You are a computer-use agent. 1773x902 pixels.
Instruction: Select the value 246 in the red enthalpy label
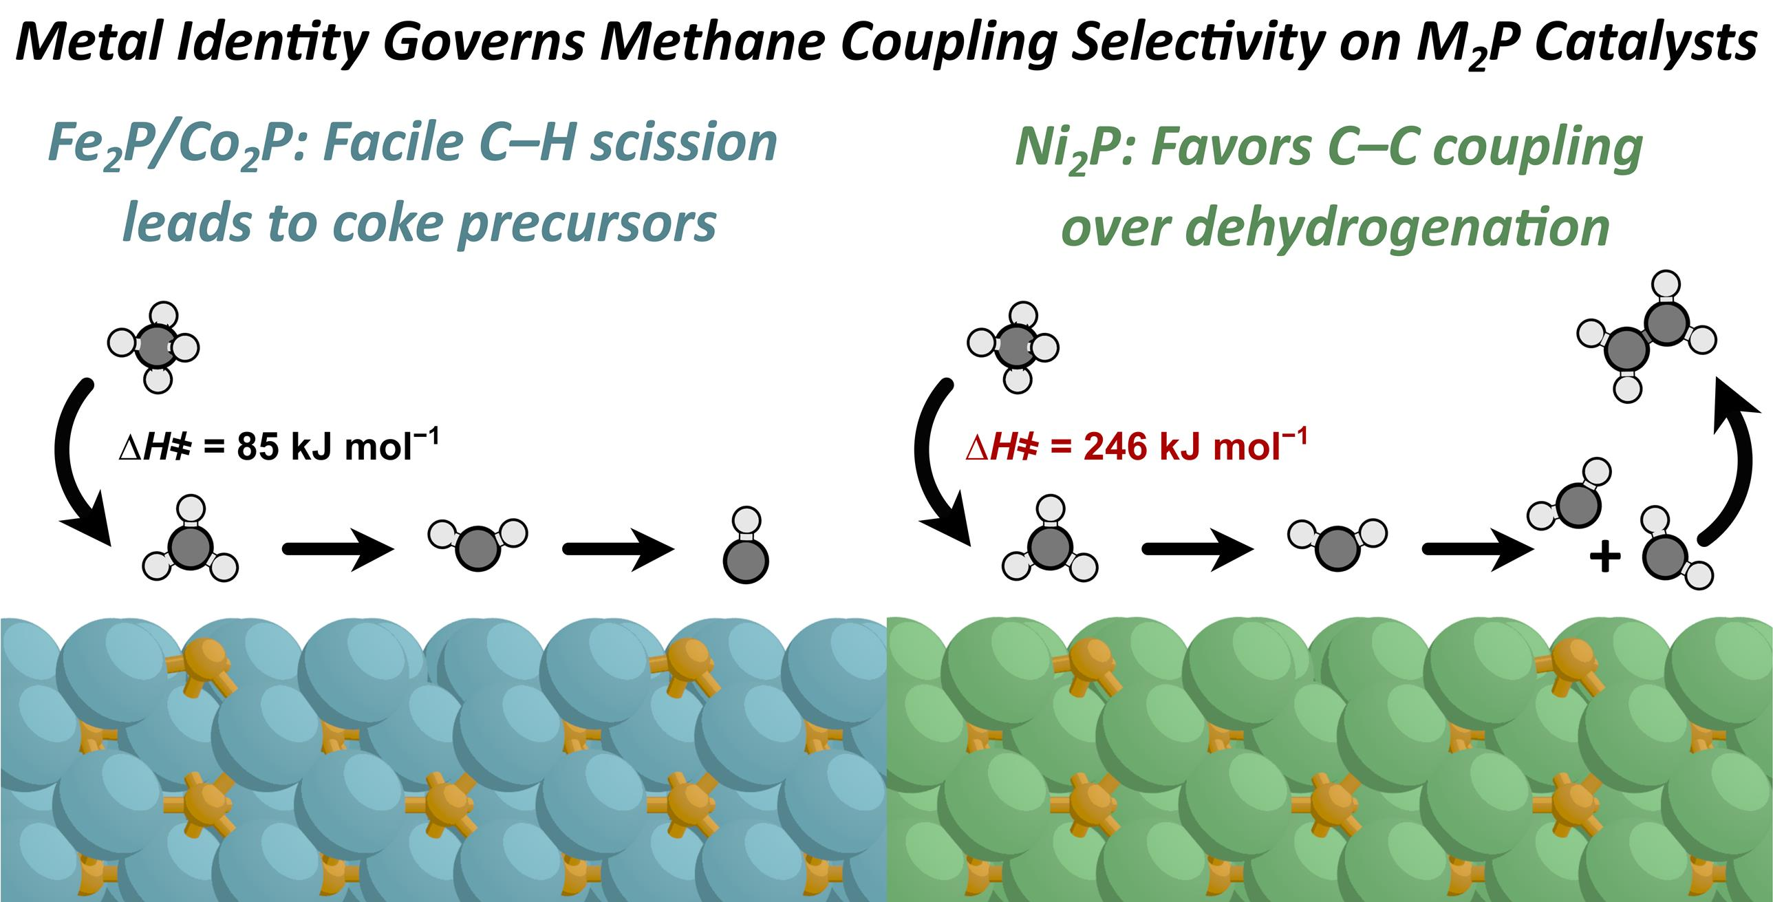coord(1118,447)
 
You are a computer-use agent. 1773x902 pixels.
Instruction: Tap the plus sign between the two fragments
coord(1604,557)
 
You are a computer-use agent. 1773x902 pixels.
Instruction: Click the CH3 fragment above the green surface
coord(1050,544)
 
